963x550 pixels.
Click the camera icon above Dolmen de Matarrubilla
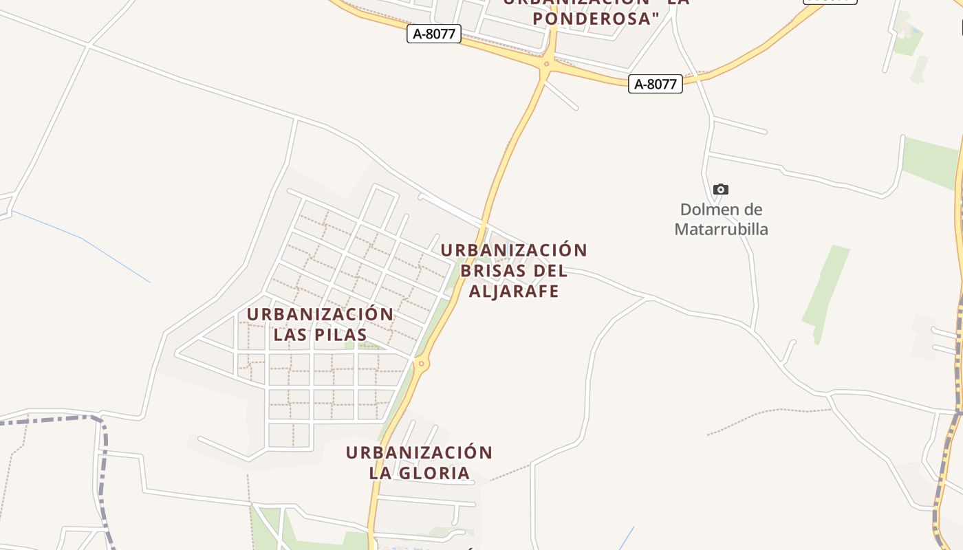[720, 189]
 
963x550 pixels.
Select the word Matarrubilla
[721, 229]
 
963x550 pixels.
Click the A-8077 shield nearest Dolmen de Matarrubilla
[655, 84]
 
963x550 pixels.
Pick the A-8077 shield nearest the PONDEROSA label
[434, 34]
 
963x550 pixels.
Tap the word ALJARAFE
[514, 291]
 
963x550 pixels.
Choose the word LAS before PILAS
[290, 335]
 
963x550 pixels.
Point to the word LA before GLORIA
[380, 473]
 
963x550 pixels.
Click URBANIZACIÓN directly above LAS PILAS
[320, 314]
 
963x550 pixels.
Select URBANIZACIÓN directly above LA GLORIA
[419, 453]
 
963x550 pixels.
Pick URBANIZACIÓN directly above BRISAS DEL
[514, 250]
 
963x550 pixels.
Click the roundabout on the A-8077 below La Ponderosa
[546, 65]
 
